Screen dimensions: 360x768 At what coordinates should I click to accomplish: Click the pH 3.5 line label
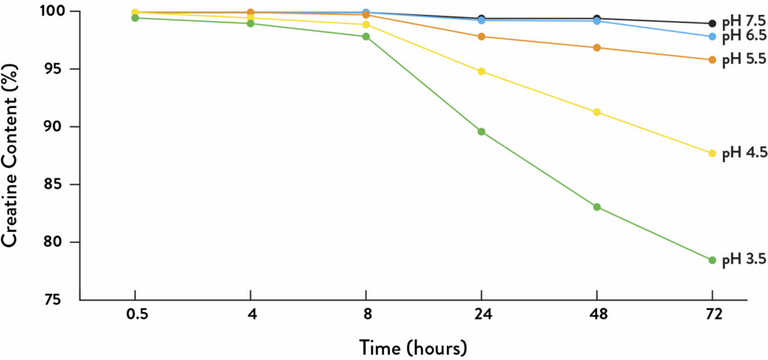(x=743, y=261)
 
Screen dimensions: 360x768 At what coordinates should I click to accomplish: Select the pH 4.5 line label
(x=743, y=154)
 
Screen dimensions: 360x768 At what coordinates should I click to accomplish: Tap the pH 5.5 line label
(x=743, y=61)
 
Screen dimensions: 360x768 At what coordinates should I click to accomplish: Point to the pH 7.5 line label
(x=743, y=23)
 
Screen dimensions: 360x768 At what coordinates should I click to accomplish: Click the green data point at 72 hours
(x=712, y=260)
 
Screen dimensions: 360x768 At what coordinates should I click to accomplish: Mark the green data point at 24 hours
(x=481, y=132)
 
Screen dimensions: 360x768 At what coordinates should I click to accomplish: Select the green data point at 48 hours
(x=597, y=207)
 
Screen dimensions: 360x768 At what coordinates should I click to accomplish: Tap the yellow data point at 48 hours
(x=597, y=112)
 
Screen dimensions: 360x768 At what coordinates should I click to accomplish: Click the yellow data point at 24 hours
(x=481, y=71)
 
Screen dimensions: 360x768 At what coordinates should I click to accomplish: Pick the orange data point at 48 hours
(x=597, y=48)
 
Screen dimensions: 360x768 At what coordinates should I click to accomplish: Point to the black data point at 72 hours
(x=712, y=23)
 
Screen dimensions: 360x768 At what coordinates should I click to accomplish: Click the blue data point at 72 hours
(x=712, y=37)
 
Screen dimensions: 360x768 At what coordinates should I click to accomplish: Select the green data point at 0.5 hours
(x=135, y=17)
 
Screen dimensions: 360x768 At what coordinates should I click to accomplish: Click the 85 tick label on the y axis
(x=58, y=184)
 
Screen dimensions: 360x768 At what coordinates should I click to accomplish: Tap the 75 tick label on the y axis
(x=58, y=300)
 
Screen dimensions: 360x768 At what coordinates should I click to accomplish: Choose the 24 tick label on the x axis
(x=481, y=316)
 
